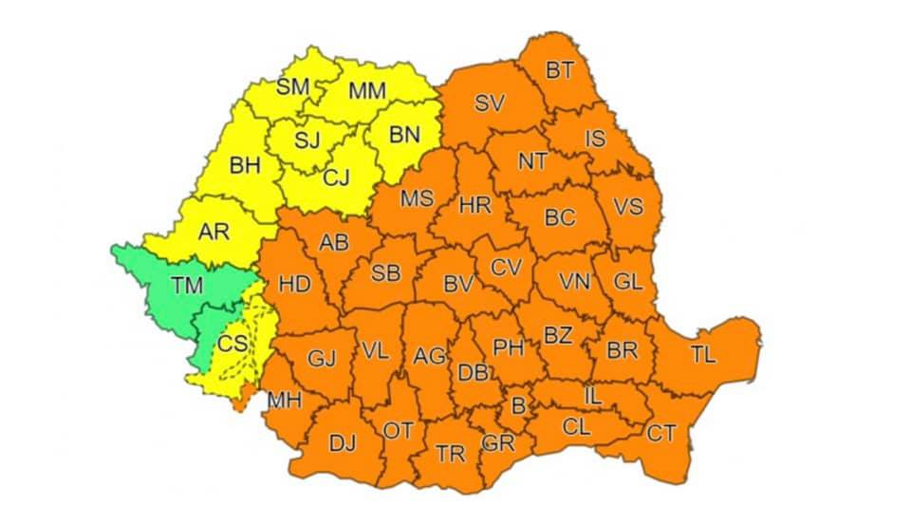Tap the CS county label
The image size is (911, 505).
click(x=233, y=343)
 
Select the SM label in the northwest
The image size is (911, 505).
click(x=293, y=87)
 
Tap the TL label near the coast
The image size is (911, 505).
click(x=703, y=355)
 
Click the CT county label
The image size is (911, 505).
click(x=661, y=433)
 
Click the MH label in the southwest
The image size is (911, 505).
click(x=284, y=401)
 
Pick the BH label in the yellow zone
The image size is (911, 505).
click(x=245, y=166)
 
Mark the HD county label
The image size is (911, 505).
click(x=295, y=283)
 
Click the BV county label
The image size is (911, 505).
click(x=458, y=283)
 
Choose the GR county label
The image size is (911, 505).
click(x=497, y=443)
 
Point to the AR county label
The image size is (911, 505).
click(x=214, y=230)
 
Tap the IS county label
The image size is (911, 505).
click(x=595, y=140)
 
